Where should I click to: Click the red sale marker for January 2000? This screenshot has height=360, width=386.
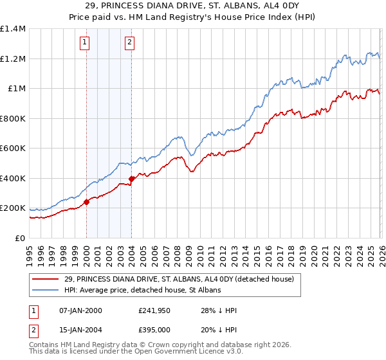pos(86,202)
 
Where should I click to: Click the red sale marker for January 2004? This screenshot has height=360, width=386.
pos(131,179)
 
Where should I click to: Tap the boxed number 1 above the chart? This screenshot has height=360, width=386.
pos(85,43)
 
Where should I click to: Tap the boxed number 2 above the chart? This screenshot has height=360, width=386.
pos(129,43)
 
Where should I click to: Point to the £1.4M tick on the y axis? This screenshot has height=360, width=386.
pos(13,29)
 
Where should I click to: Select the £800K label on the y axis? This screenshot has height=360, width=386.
pos(12,118)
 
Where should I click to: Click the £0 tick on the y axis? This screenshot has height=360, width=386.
pos(19,238)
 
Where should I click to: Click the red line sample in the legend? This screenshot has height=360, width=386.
pos(46,279)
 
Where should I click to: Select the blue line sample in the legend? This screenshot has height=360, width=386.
pos(46,291)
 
